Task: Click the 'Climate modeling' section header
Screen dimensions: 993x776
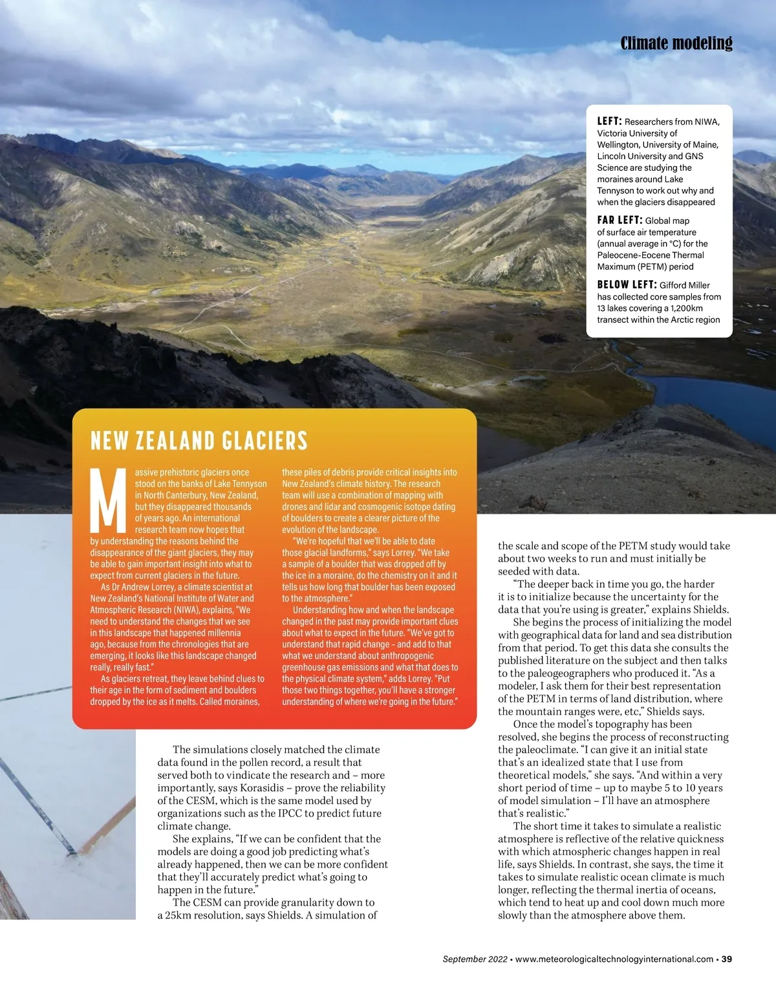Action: (676, 43)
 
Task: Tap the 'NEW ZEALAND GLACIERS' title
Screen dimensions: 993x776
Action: (199, 441)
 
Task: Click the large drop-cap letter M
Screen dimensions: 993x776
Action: (108, 500)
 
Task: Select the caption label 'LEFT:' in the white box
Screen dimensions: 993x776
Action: (609, 121)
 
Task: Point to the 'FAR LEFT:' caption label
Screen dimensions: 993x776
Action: (620, 220)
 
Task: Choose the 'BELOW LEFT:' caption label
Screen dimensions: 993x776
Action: (627, 285)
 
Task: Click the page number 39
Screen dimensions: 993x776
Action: (727, 959)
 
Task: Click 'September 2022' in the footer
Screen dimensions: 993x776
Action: (475, 959)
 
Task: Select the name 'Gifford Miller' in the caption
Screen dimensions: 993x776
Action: (685, 285)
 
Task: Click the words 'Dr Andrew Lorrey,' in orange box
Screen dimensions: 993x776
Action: (143, 587)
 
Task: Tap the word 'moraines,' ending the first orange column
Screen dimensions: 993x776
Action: (241, 702)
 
